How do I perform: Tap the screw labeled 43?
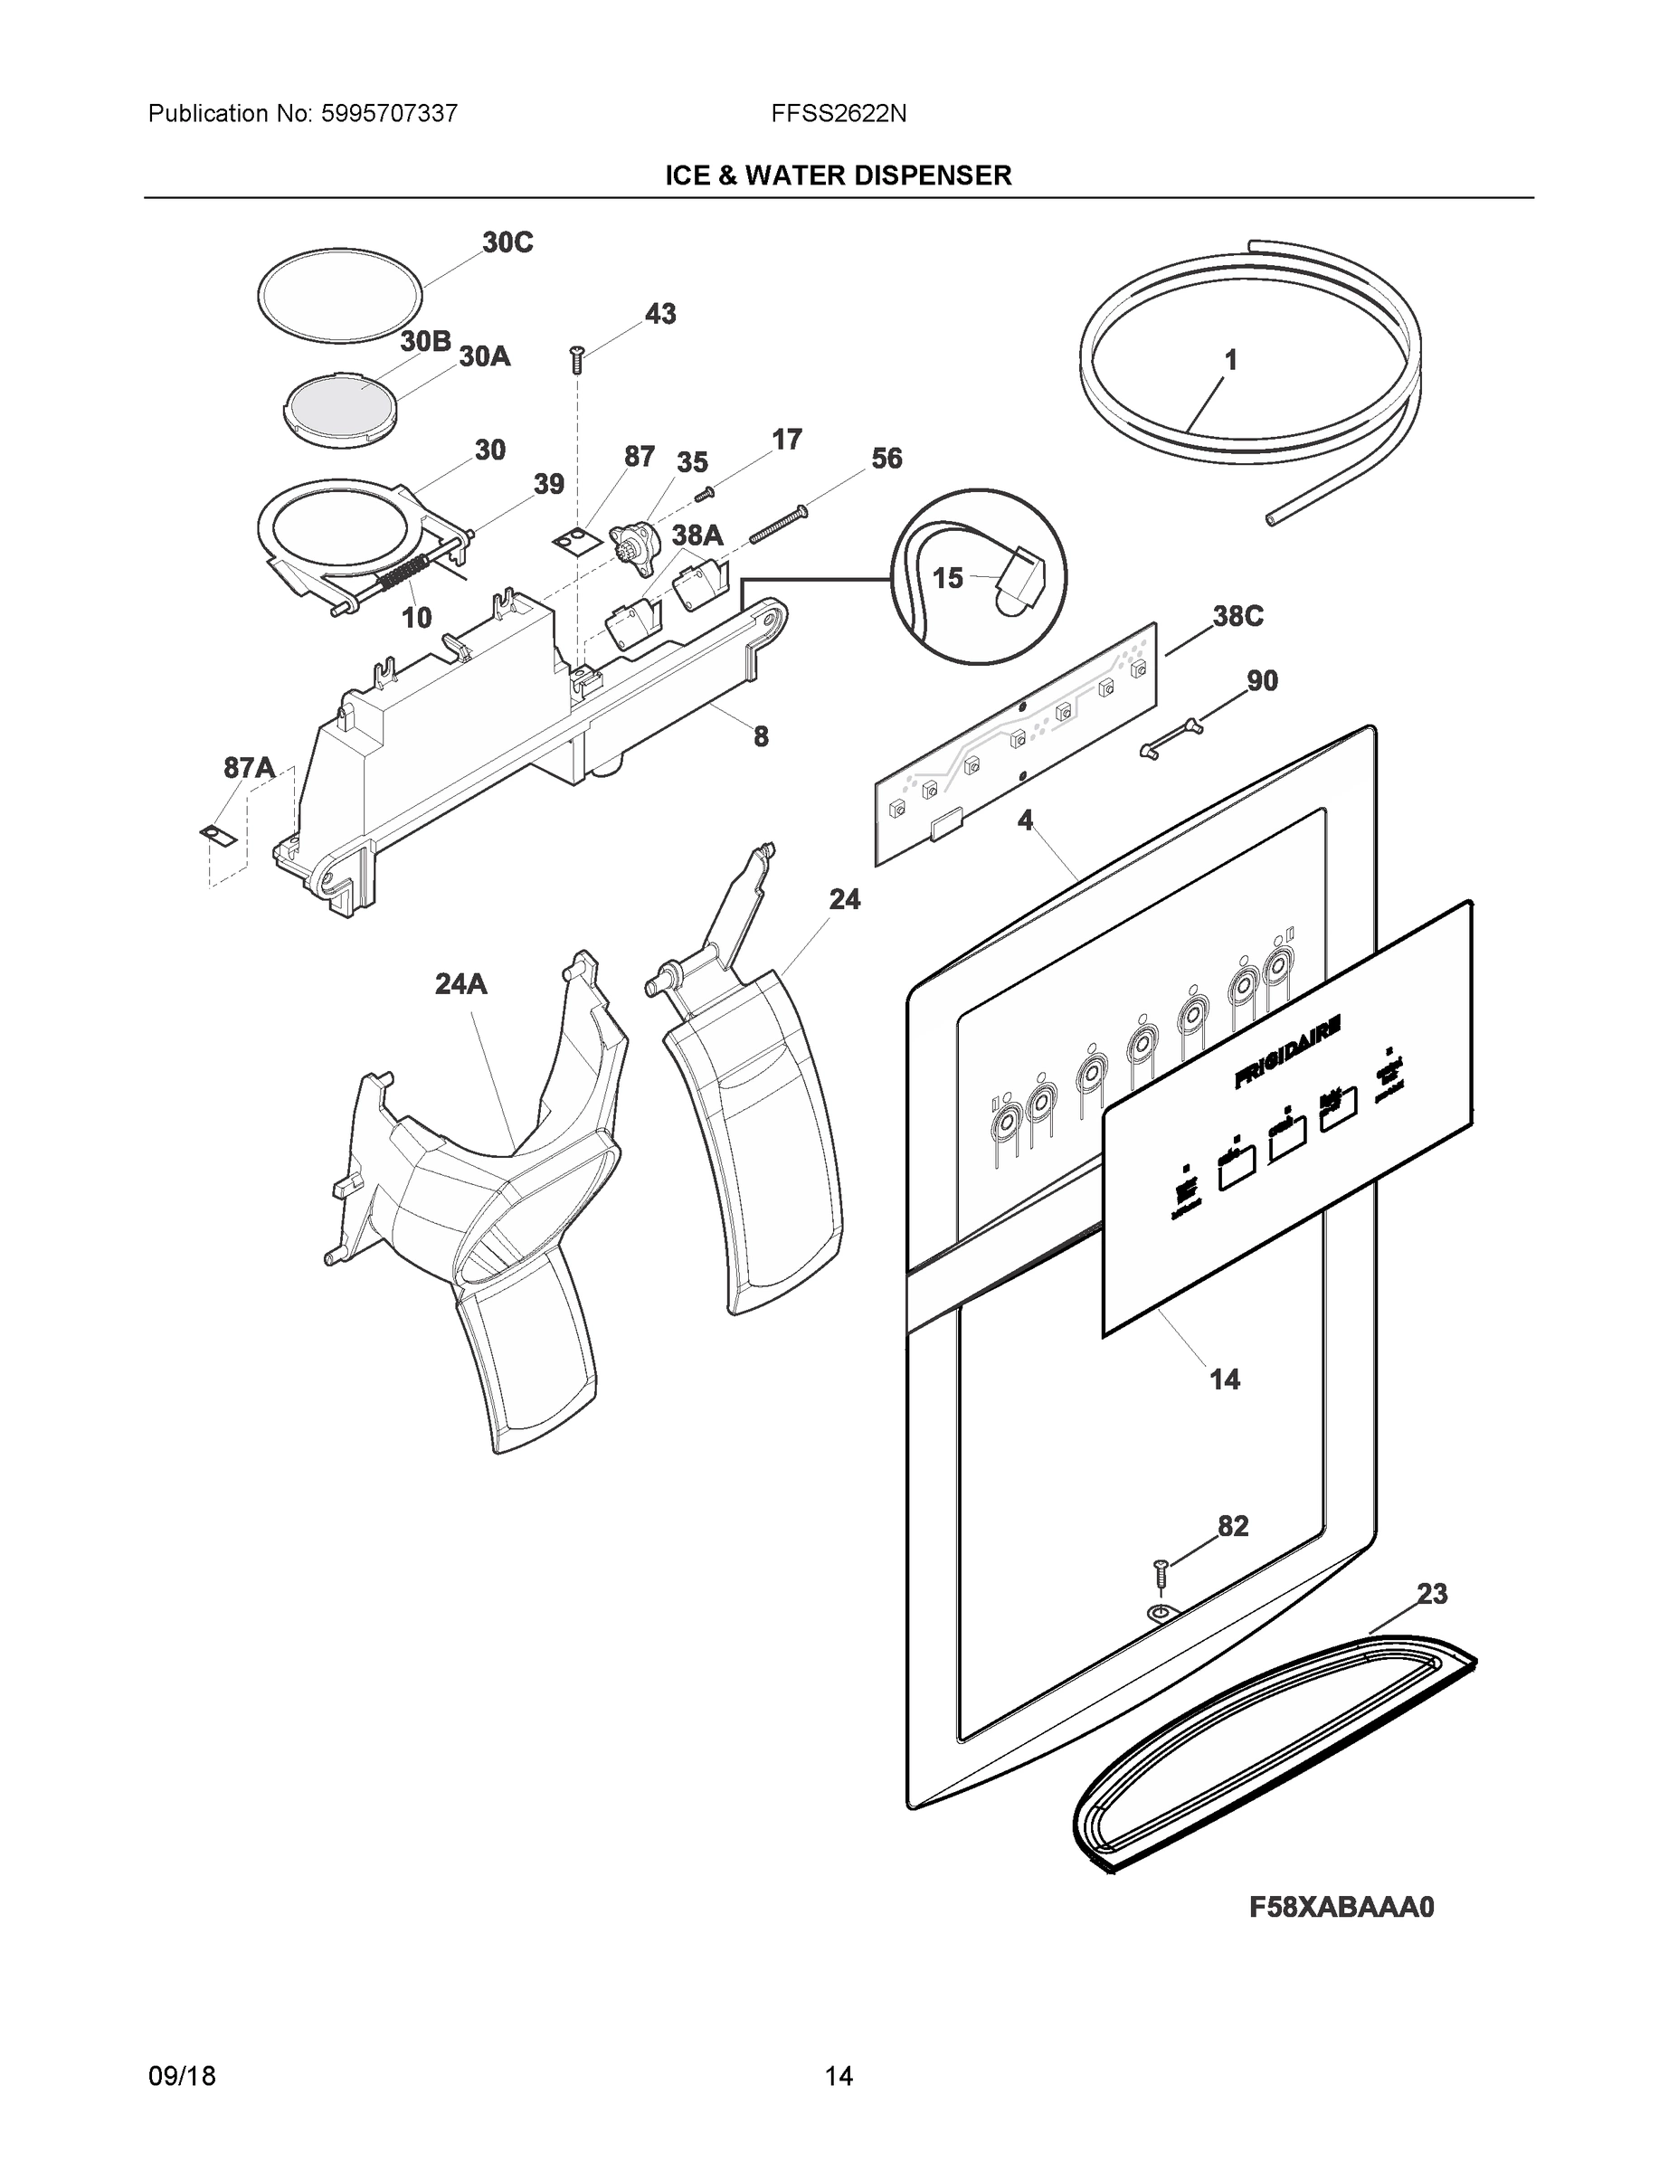pos(575,359)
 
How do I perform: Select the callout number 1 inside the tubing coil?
pos(1229,360)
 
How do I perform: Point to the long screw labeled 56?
pos(777,525)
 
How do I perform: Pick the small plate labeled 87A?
pos(219,834)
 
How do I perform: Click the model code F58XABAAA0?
pos(1341,1907)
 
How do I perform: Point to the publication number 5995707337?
pos(389,114)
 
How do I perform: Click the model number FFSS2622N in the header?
pos(838,114)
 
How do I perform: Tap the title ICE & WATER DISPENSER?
pos(838,176)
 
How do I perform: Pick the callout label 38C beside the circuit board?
pos(1237,616)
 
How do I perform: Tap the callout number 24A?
pos(461,984)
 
